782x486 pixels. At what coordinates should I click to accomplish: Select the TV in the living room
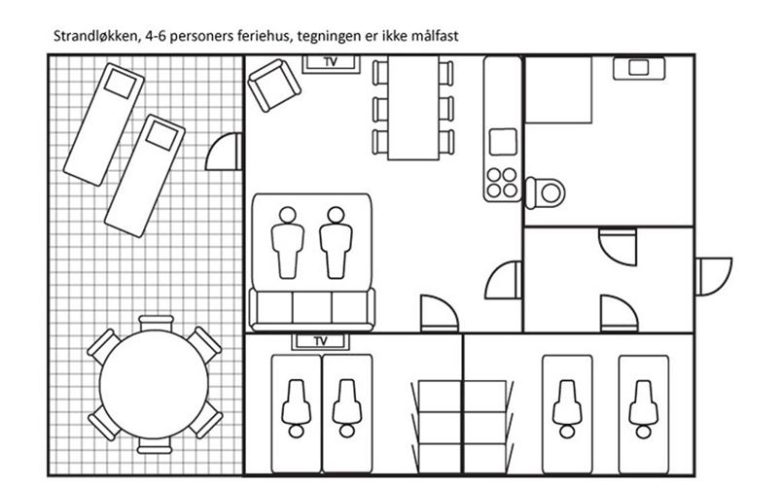tap(331, 63)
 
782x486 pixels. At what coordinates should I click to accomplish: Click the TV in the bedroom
tap(321, 341)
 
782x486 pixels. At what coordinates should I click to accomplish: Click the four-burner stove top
tap(502, 183)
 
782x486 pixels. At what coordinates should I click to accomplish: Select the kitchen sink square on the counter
tap(503, 142)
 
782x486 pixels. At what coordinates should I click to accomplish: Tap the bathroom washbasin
tap(639, 68)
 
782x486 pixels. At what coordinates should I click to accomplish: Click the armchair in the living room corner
tap(274, 86)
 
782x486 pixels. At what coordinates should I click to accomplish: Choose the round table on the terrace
tap(154, 384)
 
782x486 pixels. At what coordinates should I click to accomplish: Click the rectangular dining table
tap(413, 108)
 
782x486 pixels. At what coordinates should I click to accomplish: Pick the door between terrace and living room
tap(225, 152)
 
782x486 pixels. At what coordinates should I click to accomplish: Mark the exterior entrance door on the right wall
tap(713, 276)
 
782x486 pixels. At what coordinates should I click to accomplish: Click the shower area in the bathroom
tap(558, 89)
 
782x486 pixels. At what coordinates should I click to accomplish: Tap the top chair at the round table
tap(156, 323)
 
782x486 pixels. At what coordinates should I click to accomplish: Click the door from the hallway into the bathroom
tap(618, 247)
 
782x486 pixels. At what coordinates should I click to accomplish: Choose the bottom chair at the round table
tap(155, 445)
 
